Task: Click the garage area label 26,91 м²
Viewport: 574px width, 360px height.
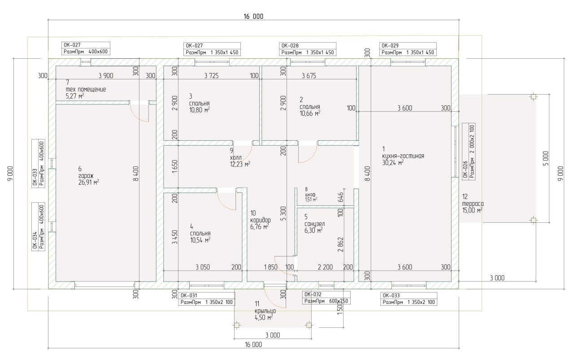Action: (x=89, y=182)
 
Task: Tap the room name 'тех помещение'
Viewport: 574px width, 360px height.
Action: (x=86, y=89)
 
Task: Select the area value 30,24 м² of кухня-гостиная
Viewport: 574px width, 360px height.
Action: (x=393, y=162)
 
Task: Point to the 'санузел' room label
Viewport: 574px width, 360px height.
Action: (x=314, y=224)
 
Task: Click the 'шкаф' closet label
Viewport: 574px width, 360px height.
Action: (x=310, y=195)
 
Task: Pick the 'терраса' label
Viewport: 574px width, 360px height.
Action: (x=473, y=204)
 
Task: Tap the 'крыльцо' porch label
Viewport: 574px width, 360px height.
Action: (x=265, y=311)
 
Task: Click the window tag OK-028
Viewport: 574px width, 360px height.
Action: (x=290, y=46)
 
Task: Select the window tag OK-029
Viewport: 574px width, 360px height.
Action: (x=390, y=46)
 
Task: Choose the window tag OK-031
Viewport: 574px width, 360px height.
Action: (x=189, y=295)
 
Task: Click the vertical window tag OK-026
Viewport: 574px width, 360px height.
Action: (x=465, y=169)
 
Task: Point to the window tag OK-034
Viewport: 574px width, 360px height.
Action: (x=35, y=240)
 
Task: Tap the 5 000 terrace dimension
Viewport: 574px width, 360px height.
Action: (x=546, y=158)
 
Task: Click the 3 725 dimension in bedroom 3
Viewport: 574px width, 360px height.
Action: (x=211, y=76)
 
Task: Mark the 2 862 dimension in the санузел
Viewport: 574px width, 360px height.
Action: (x=340, y=244)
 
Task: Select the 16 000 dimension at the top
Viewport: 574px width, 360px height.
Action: (x=253, y=17)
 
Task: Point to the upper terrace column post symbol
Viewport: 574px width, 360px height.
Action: (x=534, y=96)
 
